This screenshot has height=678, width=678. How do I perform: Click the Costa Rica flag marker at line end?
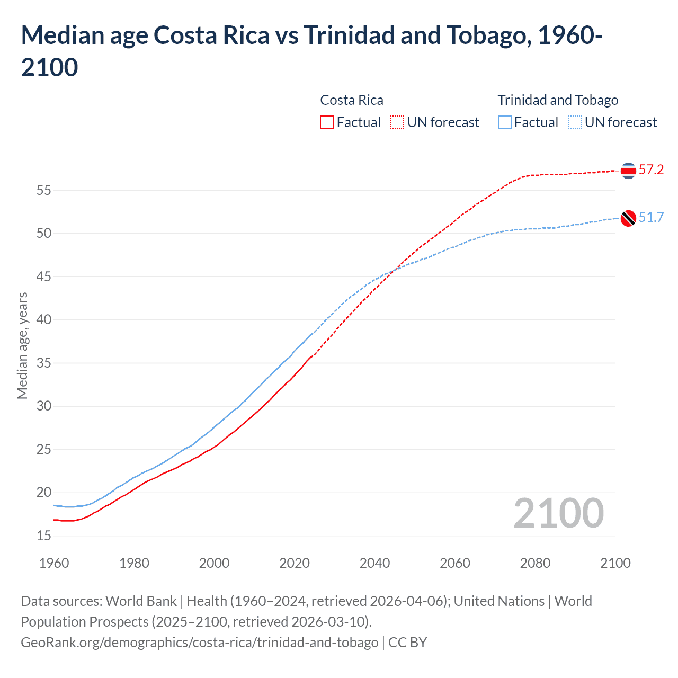628,171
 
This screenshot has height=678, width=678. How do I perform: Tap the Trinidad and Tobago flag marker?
628,218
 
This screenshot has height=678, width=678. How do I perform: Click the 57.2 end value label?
651,170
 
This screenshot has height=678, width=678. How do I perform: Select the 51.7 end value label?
651,218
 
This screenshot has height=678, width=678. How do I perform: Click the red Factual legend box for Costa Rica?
327,122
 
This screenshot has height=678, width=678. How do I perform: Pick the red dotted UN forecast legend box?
397,122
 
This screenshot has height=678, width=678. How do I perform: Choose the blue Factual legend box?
505,122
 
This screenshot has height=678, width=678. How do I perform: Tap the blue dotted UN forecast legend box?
575,122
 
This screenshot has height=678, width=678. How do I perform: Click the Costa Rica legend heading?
352,100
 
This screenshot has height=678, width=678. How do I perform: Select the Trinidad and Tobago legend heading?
558,100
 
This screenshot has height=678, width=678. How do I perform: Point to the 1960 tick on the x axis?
54,563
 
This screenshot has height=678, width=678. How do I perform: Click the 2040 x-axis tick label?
374,563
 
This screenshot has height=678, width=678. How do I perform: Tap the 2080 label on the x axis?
535,563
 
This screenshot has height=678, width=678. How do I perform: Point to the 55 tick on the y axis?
43,190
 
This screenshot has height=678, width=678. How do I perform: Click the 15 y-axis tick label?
43,536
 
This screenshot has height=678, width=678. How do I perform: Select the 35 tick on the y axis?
43,363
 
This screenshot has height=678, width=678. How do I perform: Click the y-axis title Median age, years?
22,345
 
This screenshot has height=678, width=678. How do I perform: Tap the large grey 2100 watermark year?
558,513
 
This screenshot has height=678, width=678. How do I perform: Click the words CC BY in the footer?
407,643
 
